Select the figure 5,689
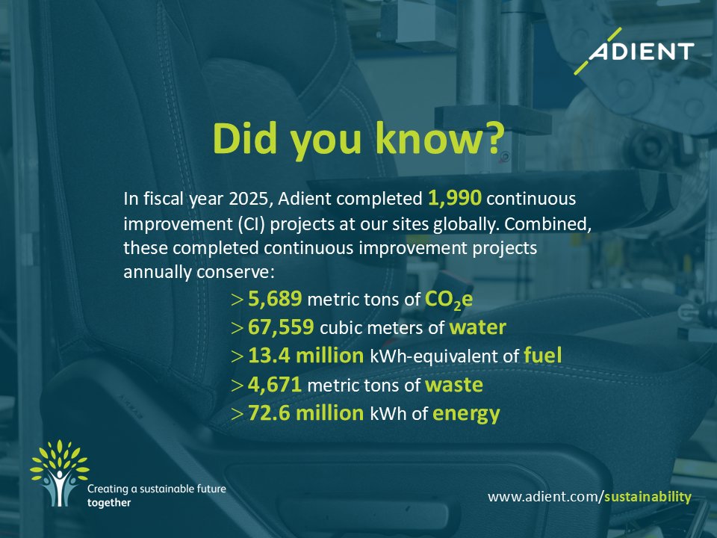275,300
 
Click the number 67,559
281,328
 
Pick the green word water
478,328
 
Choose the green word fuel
543,356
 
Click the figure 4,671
275,385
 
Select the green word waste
454,385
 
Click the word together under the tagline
109,503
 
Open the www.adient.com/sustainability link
590,497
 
